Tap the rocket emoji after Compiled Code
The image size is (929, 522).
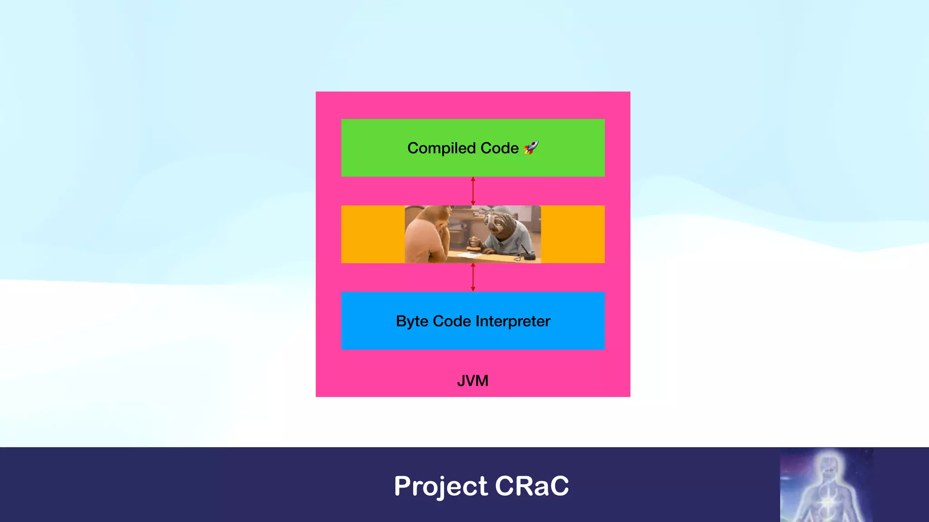coord(531,148)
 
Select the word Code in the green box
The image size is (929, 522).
coord(499,148)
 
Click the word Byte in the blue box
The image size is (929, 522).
coord(412,321)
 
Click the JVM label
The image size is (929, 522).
coord(473,381)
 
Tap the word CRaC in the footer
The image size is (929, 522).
coord(532,486)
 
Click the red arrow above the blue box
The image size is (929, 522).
coord(473,277)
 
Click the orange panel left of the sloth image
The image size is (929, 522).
coord(372,234)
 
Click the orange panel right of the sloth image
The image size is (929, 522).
coord(572,234)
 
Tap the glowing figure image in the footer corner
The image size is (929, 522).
coord(826,485)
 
